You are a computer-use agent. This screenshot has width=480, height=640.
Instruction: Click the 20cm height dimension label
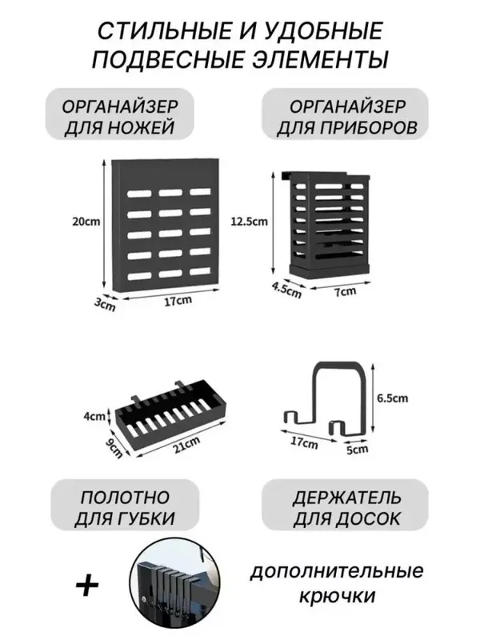pos(86,222)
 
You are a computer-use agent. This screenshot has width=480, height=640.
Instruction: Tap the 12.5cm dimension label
pos(249,222)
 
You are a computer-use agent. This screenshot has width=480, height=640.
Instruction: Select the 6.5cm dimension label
pos(392,398)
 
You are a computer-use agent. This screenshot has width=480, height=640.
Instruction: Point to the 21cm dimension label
pos(186,445)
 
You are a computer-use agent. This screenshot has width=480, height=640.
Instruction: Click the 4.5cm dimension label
pos(287,290)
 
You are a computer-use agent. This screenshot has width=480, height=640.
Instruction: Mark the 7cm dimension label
pos(346,291)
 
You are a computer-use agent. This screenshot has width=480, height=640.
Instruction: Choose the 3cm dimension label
pos(105,304)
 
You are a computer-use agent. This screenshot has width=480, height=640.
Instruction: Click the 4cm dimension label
pos(94,416)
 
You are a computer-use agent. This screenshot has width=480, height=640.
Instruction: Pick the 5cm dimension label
pos(357,449)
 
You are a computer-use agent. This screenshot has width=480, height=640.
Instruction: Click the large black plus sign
pos(87,586)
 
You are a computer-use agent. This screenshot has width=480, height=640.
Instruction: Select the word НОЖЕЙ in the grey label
pos(142,127)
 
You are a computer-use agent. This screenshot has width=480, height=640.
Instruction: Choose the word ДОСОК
pos(368,518)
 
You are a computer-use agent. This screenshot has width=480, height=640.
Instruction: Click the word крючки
pos(337,595)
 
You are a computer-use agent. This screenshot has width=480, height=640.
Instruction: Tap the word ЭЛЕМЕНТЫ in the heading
pos(319,60)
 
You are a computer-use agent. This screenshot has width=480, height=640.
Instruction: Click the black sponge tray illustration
pos(170,414)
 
